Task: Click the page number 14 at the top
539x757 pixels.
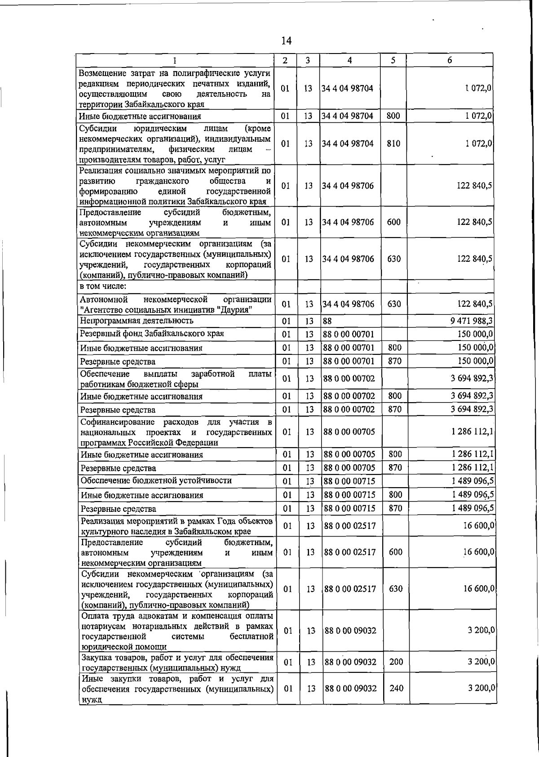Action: [x=286, y=41]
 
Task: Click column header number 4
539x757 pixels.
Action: [x=349, y=60]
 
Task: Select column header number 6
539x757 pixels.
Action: [x=450, y=60]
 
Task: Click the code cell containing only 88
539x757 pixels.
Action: [x=327, y=321]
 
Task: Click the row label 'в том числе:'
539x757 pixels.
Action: [x=103, y=286]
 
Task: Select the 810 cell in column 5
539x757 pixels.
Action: [x=393, y=143]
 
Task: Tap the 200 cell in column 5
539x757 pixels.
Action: [x=396, y=662]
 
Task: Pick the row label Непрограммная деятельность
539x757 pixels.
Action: [x=137, y=320]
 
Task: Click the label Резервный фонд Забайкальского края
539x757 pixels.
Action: [x=152, y=334]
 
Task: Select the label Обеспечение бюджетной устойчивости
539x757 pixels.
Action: [x=156, y=480]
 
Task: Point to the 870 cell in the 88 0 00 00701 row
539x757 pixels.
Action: [x=394, y=361]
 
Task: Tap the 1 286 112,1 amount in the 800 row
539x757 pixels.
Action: [x=473, y=454]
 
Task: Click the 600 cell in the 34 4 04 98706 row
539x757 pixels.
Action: [x=393, y=222]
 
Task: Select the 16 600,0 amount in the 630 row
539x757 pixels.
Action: [x=479, y=589]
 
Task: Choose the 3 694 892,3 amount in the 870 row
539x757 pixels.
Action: [x=472, y=409]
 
